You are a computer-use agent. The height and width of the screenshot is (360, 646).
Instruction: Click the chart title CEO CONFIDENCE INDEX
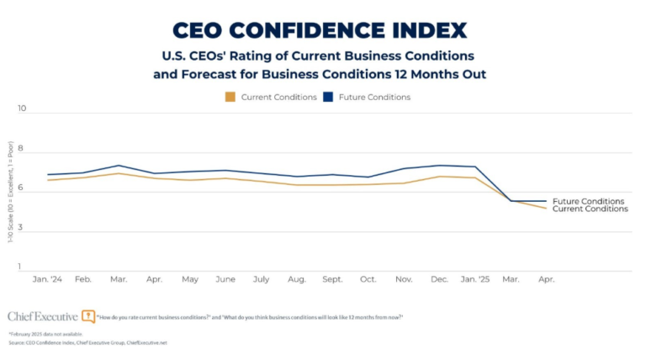pyautogui.click(x=319, y=30)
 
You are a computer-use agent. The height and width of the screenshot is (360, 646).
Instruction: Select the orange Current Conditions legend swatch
pyautogui.click(x=230, y=97)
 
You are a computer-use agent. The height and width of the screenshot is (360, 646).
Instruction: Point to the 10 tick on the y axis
pyautogui.click(x=23, y=109)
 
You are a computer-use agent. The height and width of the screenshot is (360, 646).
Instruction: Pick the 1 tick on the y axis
pyautogui.click(x=23, y=267)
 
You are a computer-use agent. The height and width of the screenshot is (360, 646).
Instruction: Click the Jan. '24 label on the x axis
pyautogui.click(x=48, y=278)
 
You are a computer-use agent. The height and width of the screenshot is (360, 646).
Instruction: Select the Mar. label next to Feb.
pyautogui.click(x=119, y=278)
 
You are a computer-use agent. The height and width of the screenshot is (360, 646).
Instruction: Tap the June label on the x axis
pyautogui.click(x=225, y=278)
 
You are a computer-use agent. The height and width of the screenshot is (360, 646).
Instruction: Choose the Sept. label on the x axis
pyautogui.click(x=332, y=278)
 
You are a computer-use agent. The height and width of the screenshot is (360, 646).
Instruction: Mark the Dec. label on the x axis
pyautogui.click(x=439, y=278)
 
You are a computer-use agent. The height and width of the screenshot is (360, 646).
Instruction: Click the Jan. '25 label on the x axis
pyautogui.click(x=474, y=278)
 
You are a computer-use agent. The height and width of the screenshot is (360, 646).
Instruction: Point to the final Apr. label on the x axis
pyautogui.click(x=546, y=278)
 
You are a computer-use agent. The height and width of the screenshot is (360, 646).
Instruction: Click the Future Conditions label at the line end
pyautogui.click(x=588, y=201)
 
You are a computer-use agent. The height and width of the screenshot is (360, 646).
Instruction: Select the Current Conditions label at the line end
pyautogui.click(x=590, y=209)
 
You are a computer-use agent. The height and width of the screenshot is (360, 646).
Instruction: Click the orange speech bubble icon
pyautogui.click(x=88, y=316)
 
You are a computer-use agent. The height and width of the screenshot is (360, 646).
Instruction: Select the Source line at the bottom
pyautogui.click(x=88, y=343)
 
